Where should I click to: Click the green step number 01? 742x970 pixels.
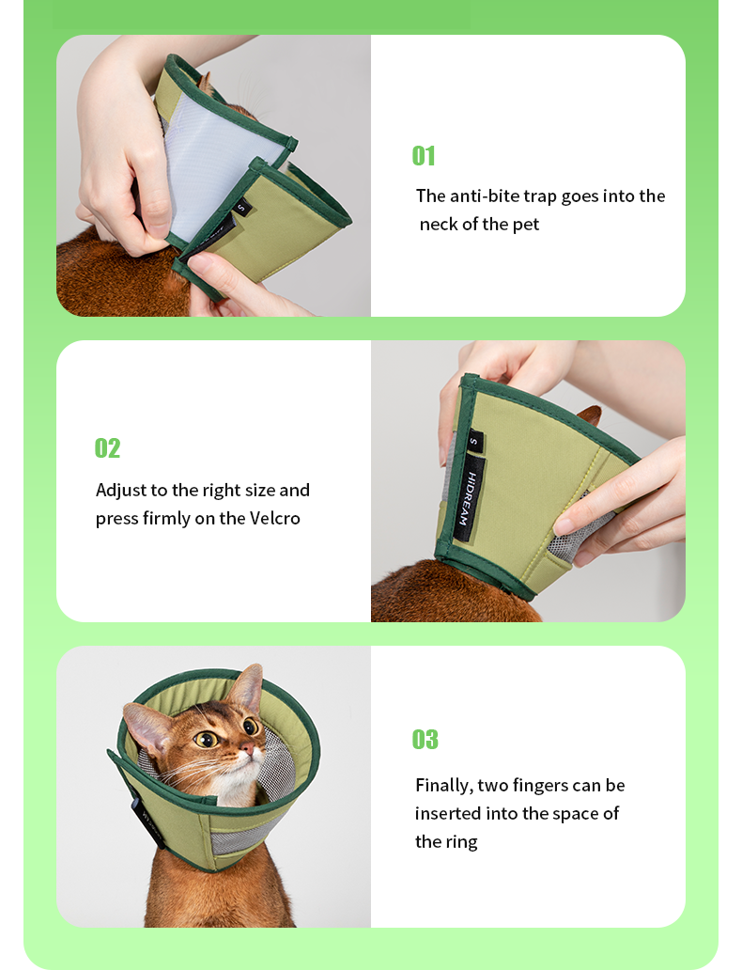pyautogui.click(x=424, y=155)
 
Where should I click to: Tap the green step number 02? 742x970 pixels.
pyautogui.click(x=107, y=448)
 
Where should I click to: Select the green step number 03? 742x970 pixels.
pyautogui.click(x=425, y=740)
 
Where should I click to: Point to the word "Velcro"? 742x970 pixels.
pyautogui.click(x=274, y=518)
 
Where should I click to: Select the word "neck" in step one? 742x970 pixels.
pyautogui.click(x=439, y=224)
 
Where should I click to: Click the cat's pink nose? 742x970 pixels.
pyautogui.click(x=247, y=750)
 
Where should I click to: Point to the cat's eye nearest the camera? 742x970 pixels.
pyautogui.click(x=206, y=738)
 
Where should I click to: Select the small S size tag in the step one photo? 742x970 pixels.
pyautogui.click(x=241, y=208)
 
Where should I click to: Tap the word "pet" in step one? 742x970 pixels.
pyautogui.click(x=526, y=225)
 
